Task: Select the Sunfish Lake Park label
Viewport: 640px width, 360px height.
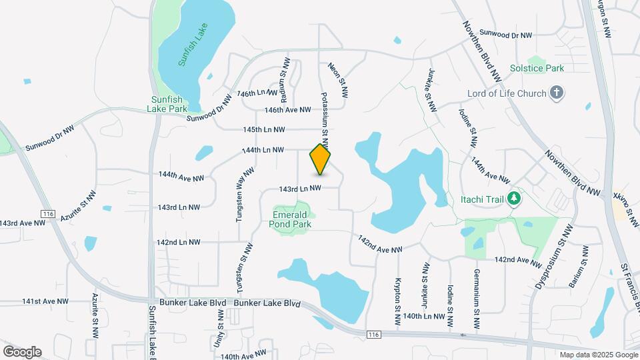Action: [x=167, y=103]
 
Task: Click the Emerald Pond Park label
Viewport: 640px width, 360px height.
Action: [x=291, y=219]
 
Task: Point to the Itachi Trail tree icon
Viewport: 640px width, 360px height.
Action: [x=513, y=198]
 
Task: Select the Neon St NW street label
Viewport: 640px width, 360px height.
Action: [x=338, y=82]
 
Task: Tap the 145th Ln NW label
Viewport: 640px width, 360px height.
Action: [x=264, y=129]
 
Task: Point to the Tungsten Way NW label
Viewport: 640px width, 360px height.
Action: [x=247, y=189]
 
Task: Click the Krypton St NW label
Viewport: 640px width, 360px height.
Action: [x=398, y=302]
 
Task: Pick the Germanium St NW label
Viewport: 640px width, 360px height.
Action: [x=477, y=301]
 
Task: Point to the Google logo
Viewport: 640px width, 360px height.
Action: [x=22, y=351]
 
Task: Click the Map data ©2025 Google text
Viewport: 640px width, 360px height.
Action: [x=597, y=355]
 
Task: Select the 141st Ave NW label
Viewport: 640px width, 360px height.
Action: [x=45, y=301]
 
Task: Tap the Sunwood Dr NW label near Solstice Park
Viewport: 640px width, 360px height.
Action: [x=506, y=35]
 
